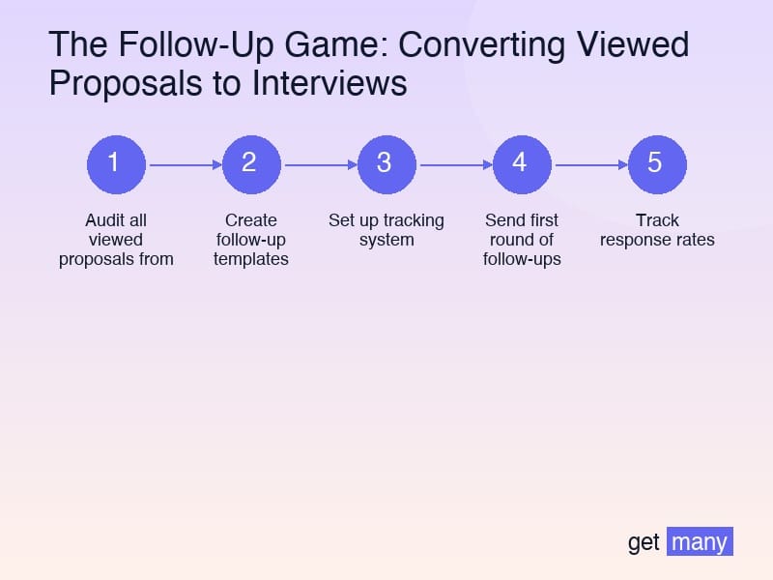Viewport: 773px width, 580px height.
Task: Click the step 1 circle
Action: [x=116, y=164]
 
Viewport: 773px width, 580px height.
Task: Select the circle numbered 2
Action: [x=251, y=164]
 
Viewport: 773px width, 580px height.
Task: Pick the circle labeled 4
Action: [x=522, y=164]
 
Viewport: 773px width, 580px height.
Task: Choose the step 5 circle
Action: [x=657, y=164]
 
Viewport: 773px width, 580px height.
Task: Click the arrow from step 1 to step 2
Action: [x=184, y=165]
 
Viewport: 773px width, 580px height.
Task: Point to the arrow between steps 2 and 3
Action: [x=319, y=165]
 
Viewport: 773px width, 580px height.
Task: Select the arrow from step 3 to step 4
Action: [x=454, y=165]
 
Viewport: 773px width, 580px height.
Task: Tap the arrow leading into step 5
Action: [x=589, y=165]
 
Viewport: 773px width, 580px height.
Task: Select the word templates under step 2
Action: [x=251, y=259]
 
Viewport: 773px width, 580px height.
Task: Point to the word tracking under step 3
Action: [x=414, y=220]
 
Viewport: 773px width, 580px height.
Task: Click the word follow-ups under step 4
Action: [x=522, y=259]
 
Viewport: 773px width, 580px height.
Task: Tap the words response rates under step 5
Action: [x=657, y=240]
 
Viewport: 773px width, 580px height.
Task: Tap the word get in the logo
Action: [x=644, y=542]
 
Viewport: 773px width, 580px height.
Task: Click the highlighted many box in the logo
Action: [x=700, y=541]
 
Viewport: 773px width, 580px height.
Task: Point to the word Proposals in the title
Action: [x=116, y=83]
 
